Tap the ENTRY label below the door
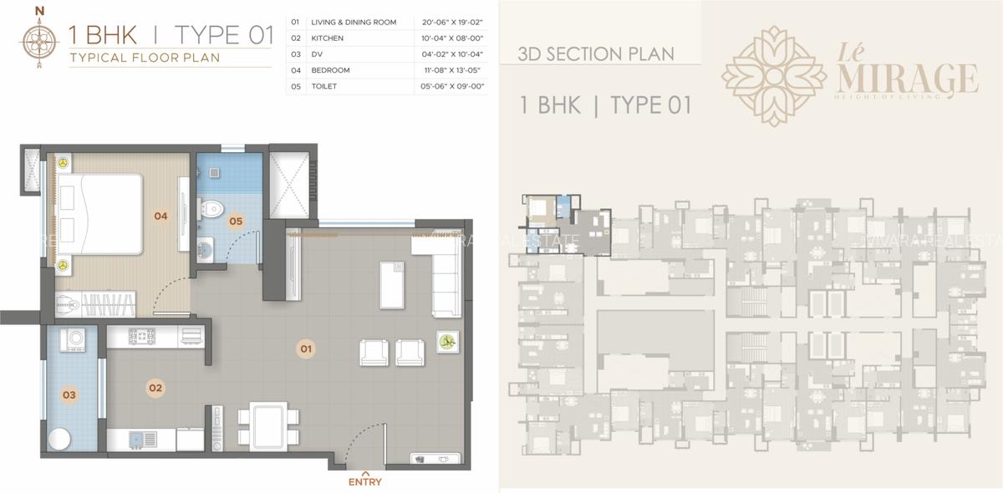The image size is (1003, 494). [365, 481]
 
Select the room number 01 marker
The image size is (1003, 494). [306, 348]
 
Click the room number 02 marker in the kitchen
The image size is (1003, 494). [155, 388]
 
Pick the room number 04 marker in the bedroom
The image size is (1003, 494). [160, 216]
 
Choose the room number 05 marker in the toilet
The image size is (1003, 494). [236, 222]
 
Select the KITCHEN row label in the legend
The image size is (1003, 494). [328, 38]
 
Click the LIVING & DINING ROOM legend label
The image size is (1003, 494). [353, 22]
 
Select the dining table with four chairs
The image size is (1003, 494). [269, 425]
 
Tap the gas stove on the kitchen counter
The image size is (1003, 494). [143, 336]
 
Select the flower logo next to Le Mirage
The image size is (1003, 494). [773, 75]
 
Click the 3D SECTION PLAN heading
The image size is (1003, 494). [596, 54]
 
